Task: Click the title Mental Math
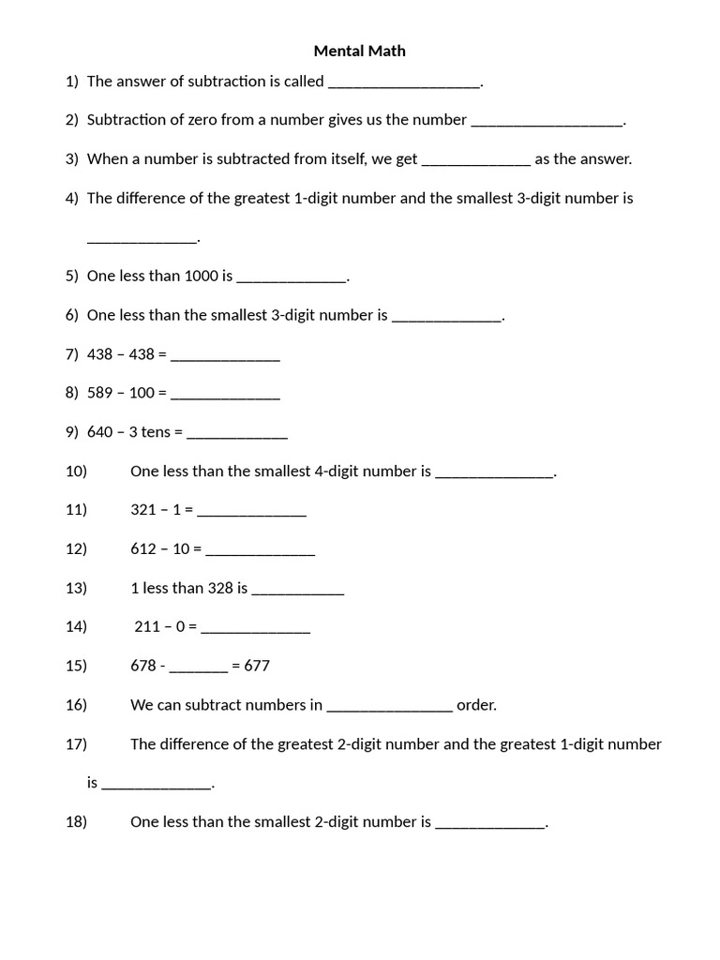click(359, 51)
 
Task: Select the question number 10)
click(76, 472)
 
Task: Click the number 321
click(143, 510)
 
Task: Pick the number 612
click(143, 549)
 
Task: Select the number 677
click(257, 666)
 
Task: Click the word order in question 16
click(476, 705)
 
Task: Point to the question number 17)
click(76, 744)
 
